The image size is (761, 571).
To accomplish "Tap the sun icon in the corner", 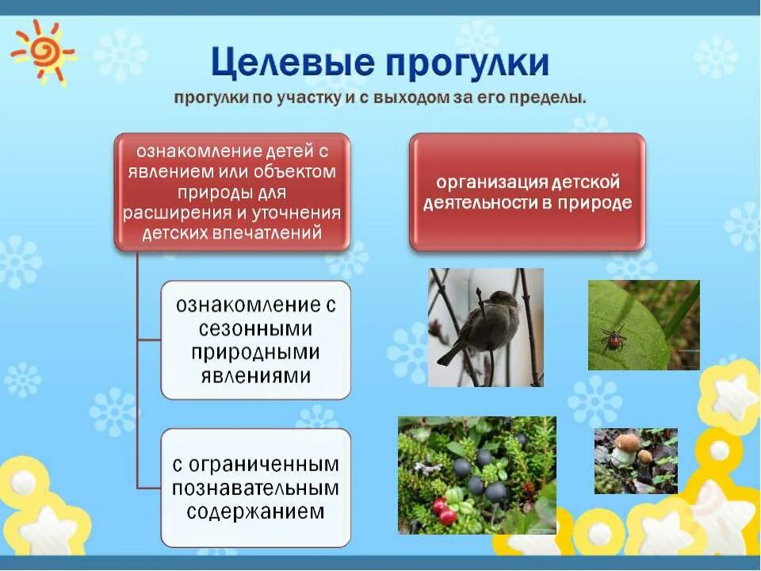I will (x=41, y=52).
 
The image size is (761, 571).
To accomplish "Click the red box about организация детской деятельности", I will (x=527, y=192).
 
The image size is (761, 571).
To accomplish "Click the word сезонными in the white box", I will (x=255, y=328).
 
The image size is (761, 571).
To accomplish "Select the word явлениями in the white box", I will (x=255, y=375).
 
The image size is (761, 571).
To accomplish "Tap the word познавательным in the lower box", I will (x=255, y=487).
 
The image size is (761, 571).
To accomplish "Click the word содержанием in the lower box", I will (x=255, y=511).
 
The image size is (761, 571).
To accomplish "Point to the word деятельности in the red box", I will (x=484, y=203).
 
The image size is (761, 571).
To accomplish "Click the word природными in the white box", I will (x=255, y=351).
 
